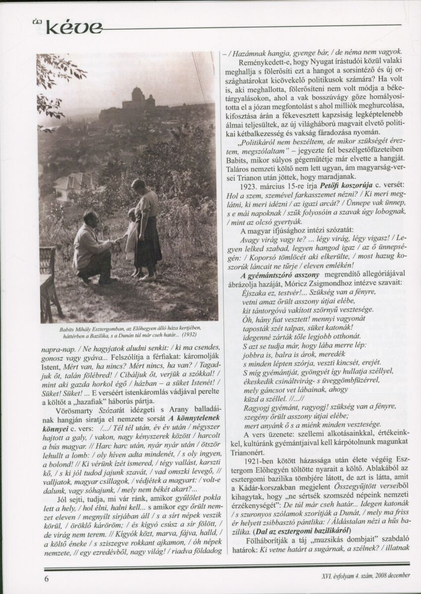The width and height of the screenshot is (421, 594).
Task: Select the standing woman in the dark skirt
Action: (x=146, y=228)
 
